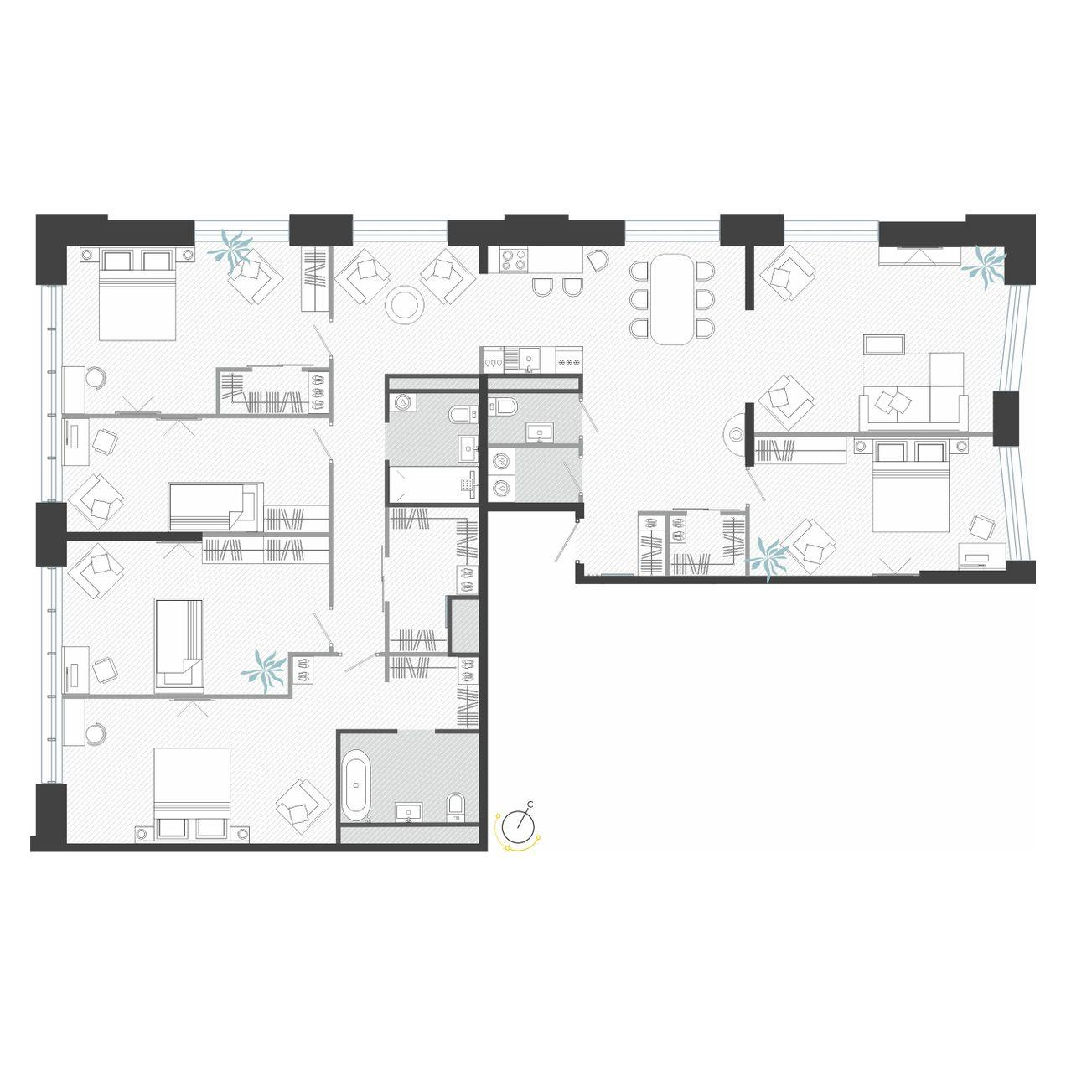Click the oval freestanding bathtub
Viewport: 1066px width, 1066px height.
(x=357, y=785)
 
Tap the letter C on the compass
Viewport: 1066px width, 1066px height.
(x=530, y=805)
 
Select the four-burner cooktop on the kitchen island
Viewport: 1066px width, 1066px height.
(x=512, y=261)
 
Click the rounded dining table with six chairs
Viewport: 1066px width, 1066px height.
(x=671, y=299)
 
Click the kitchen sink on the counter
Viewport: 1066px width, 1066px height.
(x=527, y=360)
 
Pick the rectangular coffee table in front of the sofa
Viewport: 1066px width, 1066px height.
(x=884, y=344)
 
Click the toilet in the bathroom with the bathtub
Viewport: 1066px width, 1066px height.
(x=455, y=805)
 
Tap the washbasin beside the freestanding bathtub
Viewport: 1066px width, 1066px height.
(x=410, y=810)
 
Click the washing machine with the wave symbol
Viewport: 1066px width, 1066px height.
(x=501, y=460)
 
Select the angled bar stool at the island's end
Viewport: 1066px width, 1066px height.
(x=598, y=261)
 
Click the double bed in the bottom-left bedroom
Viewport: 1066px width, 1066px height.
(x=193, y=792)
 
